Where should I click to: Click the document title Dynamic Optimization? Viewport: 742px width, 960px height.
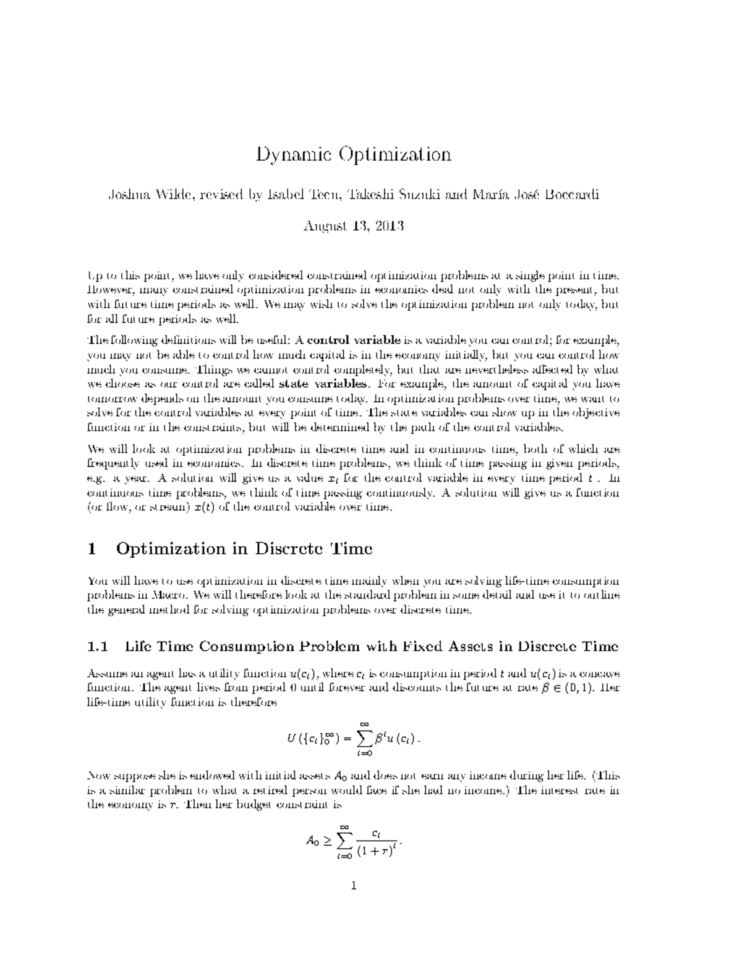(354, 155)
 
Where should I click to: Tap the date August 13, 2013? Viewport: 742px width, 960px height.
(353, 226)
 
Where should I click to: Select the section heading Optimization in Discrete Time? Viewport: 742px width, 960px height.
(244, 548)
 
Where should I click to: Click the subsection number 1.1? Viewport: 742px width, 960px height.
(98, 647)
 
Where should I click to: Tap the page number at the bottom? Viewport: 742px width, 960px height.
(354, 886)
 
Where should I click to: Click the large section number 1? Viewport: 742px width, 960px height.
(92, 548)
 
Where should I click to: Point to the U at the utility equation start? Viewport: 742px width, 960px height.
(291, 740)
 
